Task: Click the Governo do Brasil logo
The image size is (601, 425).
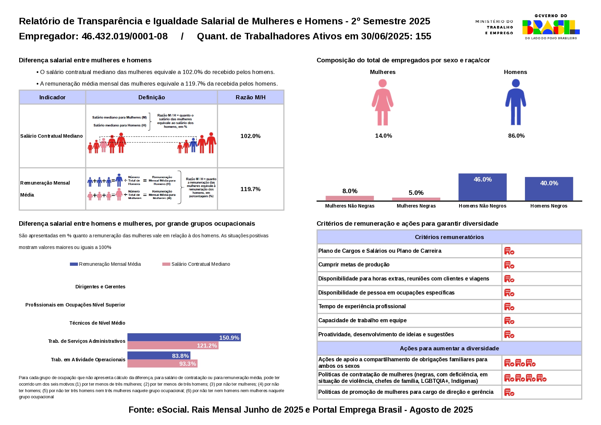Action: pyautogui.click(x=551, y=27)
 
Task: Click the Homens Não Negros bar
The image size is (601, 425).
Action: pyautogui.click(x=482, y=187)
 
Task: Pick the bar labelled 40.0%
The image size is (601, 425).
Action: pyautogui.click(x=549, y=189)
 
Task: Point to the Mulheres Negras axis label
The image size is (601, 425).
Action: pyautogui.click(x=416, y=206)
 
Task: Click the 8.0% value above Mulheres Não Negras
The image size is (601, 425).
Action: pyautogui.click(x=350, y=191)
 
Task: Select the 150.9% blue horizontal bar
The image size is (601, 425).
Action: pyautogui.click(x=184, y=337)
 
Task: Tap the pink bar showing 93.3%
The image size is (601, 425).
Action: pyautogui.click(x=162, y=364)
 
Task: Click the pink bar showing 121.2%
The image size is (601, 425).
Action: pyautogui.click(x=173, y=346)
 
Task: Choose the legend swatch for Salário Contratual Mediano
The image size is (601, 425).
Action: pyautogui.click(x=166, y=264)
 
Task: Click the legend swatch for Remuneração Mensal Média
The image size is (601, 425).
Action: pyautogui.click(x=74, y=264)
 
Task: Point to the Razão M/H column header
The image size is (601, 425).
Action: pyautogui.click(x=250, y=97)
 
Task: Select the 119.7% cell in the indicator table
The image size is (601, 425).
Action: pyautogui.click(x=250, y=189)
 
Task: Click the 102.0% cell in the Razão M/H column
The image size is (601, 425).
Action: pyautogui.click(x=250, y=136)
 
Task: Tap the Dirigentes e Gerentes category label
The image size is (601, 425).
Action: pyautogui.click(x=100, y=287)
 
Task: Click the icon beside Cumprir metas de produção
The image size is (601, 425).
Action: pyautogui.click(x=509, y=265)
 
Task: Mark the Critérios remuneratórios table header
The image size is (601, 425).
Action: pyautogui.click(x=449, y=237)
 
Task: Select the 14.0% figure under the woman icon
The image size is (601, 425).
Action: pyautogui.click(x=383, y=136)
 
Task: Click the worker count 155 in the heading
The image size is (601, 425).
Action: pyautogui.click(x=423, y=36)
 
